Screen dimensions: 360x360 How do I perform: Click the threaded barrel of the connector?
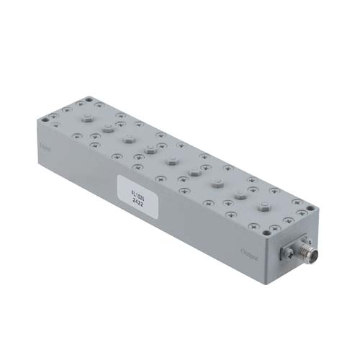(305, 254)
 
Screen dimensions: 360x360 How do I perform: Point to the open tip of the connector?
(318, 256)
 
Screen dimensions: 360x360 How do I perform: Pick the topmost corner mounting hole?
(89, 100)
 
